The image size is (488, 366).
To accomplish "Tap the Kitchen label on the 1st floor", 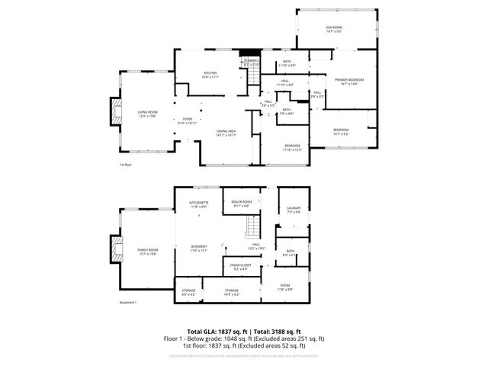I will tap(189, 75).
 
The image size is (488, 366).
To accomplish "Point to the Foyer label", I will tap(187, 120).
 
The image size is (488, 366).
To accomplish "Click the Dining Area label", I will tap(226, 133).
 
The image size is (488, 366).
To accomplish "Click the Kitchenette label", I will tap(199, 204).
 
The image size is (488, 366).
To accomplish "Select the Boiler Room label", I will tap(241, 204).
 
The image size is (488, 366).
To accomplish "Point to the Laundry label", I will tap(294, 210).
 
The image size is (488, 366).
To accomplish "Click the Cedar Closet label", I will tap(241, 267).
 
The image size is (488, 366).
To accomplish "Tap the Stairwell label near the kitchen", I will tap(252, 63).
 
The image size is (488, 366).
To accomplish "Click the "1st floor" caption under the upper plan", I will tap(125, 165).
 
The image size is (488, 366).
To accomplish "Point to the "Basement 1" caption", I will tap(128, 303).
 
